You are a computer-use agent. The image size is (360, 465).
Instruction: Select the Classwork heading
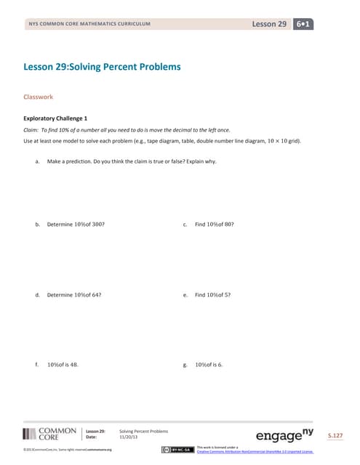(38, 96)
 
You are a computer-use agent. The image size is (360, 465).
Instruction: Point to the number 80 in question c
(227, 225)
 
